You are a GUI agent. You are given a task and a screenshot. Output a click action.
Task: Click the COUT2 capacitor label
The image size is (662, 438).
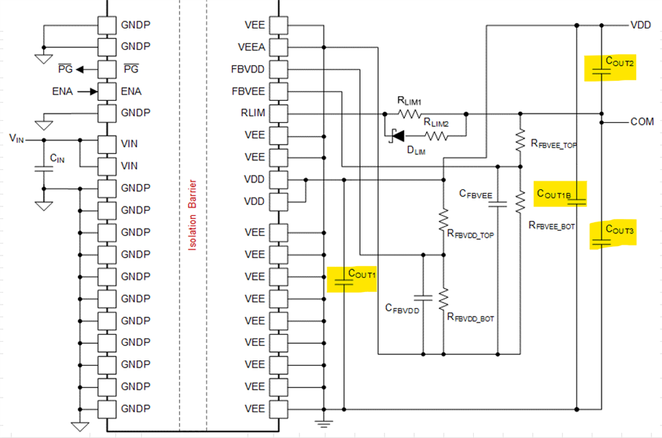click(x=620, y=62)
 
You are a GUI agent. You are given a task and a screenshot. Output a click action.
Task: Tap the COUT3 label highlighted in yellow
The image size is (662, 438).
click(x=620, y=230)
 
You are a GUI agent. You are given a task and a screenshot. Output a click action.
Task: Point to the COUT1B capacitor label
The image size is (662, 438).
click(x=554, y=194)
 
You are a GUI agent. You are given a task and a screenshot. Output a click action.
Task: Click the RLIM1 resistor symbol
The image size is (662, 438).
click(x=409, y=113)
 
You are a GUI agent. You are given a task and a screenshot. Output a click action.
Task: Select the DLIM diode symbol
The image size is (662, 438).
click(x=397, y=135)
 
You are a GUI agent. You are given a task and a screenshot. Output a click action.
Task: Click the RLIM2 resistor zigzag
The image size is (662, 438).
click(x=437, y=135)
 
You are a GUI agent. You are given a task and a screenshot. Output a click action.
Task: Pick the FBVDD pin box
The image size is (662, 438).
click(x=278, y=69)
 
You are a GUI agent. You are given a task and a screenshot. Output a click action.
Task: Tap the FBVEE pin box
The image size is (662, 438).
click(x=278, y=92)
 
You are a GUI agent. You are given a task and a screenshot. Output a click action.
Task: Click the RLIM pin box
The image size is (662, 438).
click(x=278, y=113)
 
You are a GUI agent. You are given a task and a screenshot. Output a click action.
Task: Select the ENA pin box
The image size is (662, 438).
click(x=107, y=92)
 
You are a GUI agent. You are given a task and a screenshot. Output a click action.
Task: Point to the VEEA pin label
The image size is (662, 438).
click(x=252, y=47)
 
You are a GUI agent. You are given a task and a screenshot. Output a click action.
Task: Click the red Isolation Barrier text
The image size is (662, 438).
click(x=192, y=215)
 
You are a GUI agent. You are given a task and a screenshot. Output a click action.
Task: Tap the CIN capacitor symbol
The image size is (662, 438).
click(x=44, y=169)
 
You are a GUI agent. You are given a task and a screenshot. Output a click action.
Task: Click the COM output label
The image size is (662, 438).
click(x=641, y=121)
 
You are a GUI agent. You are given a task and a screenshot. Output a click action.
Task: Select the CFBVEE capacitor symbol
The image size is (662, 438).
click(x=498, y=204)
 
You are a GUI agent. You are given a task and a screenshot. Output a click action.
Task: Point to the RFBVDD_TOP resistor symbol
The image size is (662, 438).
click(x=443, y=220)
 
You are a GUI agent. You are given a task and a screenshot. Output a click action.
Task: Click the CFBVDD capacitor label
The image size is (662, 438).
click(x=402, y=309)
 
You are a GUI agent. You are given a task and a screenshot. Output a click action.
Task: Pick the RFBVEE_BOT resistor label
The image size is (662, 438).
click(x=552, y=226)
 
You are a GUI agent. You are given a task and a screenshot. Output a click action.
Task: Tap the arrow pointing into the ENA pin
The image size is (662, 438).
click(x=88, y=92)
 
